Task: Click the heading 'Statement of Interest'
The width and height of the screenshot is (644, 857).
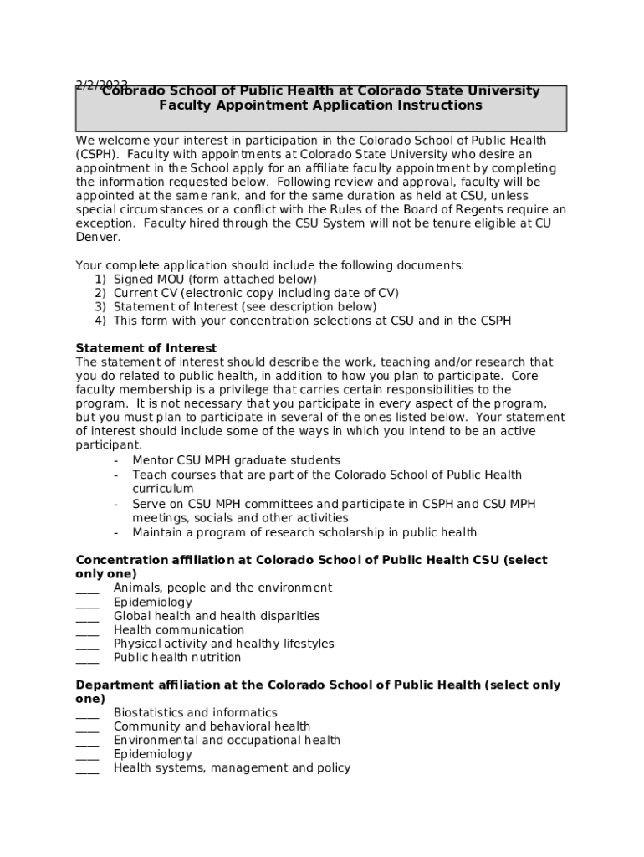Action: pyautogui.click(x=146, y=348)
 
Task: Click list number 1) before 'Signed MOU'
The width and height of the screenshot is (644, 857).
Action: pyautogui.click(x=100, y=280)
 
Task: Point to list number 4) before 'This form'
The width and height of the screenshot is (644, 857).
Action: pyautogui.click(x=100, y=321)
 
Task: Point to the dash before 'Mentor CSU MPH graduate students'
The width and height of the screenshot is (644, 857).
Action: pyautogui.click(x=115, y=460)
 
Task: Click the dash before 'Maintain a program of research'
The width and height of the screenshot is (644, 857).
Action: pyautogui.click(x=115, y=533)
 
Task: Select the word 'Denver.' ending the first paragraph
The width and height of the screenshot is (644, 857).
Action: pyautogui.click(x=98, y=238)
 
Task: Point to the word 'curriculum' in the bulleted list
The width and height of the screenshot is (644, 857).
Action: pyautogui.click(x=162, y=489)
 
